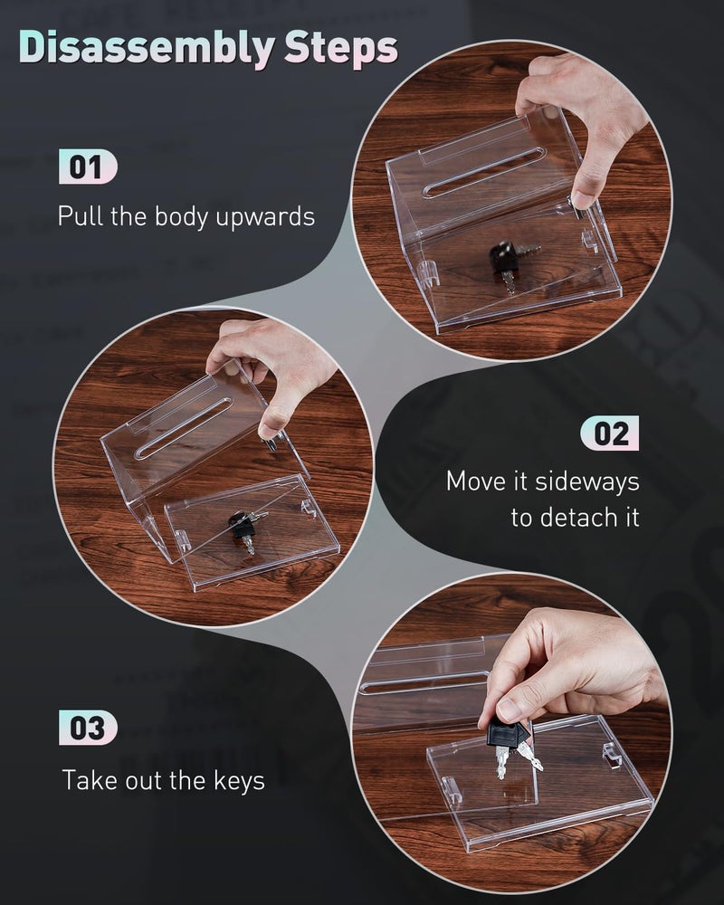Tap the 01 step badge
coord(88,167)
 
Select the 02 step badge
coord(610,433)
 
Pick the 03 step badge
coord(88,728)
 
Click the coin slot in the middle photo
coord(183,428)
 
